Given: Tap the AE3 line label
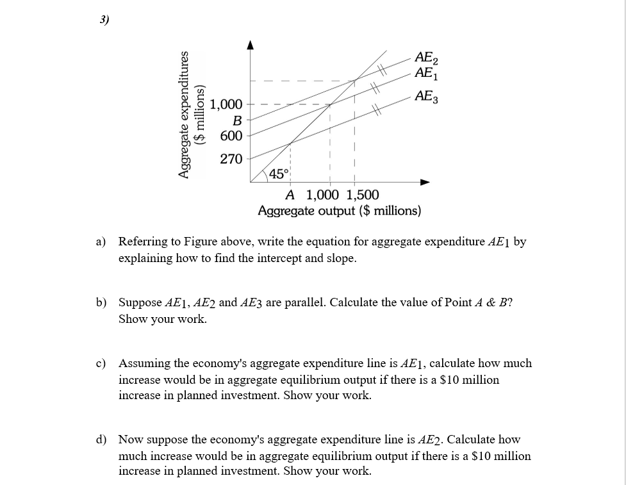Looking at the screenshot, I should pyautogui.click(x=427, y=97).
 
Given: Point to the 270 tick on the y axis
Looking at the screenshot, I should pyautogui.click(x=231, y=159).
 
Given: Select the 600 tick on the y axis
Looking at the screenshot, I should pyautogui.click(x=231, y=136).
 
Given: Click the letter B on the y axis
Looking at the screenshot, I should pyautogui.click(x=236, y=120).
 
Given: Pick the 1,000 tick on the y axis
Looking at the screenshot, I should pyautogui.click(x=226, y=104).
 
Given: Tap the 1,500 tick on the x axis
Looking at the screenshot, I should pyautogui.click(x=362, y=195).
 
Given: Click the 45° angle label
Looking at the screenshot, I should pyautogui.click(x=278, y=174).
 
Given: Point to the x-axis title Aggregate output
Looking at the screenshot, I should pyautogui.click(x=340, y=211).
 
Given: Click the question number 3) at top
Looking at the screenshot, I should pyautogui.click(x=104, y=19).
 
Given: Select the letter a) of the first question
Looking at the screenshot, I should pyautogui.click(x=101, y=242).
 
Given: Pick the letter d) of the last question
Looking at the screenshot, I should pyautogui.click(x=101, y=440).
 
